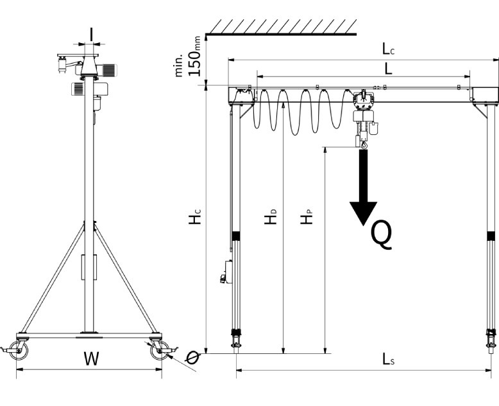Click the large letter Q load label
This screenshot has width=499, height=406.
(x=382, y=236)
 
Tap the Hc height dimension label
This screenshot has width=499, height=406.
(x=195, y=216)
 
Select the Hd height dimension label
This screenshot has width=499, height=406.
(x=271, y=216)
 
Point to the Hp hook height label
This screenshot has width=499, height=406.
(x=307, y=216)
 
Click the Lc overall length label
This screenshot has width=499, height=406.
(x=388, y=49)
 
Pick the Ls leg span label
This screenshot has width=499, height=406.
(x=388, y=359)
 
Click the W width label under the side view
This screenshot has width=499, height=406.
(x=91, y=358)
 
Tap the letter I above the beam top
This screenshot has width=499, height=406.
(x=91, y=35)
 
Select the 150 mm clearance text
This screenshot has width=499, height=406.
(x=195, y=56)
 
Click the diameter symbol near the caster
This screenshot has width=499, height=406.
(x=192, y=358)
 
